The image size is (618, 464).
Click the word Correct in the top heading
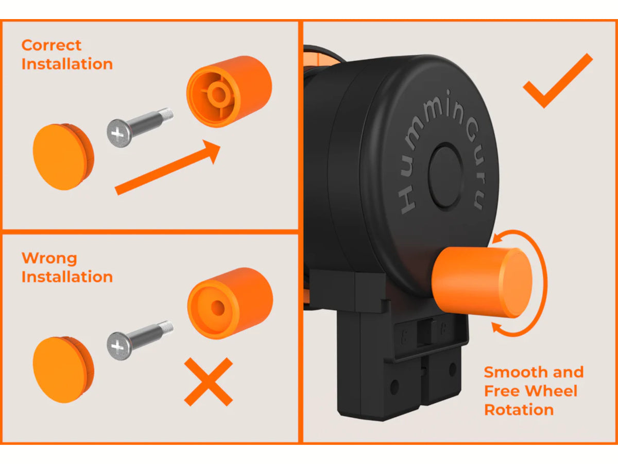(x=51, y=45)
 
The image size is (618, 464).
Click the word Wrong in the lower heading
(x=49, y=258)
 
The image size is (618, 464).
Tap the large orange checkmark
(x=557, y=81)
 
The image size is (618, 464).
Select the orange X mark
(x=209, y=382)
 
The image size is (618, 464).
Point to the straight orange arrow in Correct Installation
(x=168, y=168)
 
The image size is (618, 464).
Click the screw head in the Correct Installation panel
(x=119, y=133)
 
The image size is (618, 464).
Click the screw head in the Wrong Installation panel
(x=119, y=346)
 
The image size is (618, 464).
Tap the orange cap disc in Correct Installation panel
(x=63, y=157)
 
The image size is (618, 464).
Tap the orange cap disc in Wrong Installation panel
(x=63, y=370)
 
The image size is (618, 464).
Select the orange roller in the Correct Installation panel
(x=229, y=92)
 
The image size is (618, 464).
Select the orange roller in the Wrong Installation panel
(x=230, y=304)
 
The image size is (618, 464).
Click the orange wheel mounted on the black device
(x=482, y=283)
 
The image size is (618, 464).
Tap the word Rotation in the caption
(x=519, y=410)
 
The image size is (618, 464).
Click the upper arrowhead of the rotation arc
(x=499, y=238)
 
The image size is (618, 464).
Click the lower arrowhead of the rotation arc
(x=498, y=327)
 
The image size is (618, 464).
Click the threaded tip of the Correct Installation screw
(x=166, y=114)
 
